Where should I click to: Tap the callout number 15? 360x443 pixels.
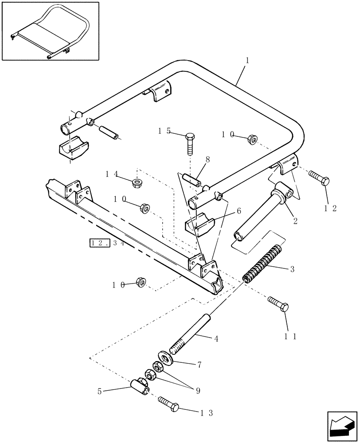tap(164, 131)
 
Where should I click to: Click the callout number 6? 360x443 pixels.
tap(239, 211)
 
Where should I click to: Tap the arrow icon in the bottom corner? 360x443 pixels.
tap(342, 426)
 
